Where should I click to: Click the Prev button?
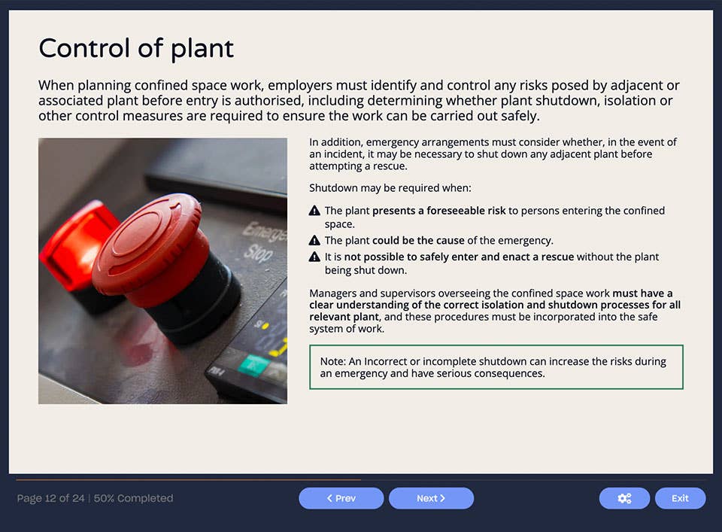[x=341, y=498]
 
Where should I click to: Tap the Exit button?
[x=680, y=498]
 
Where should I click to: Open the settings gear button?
[x=624, y=498]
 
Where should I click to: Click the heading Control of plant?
[x=136, y=49]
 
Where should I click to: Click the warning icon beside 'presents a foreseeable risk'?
[x=315, y=211]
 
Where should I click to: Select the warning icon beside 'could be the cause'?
[x=315, y=241]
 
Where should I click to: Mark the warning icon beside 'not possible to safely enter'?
[x=315, y=257]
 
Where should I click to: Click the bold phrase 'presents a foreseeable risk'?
[x=438, y=211]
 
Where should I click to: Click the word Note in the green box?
[x=332, y=361]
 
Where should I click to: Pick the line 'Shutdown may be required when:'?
[x=390, y=188]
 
